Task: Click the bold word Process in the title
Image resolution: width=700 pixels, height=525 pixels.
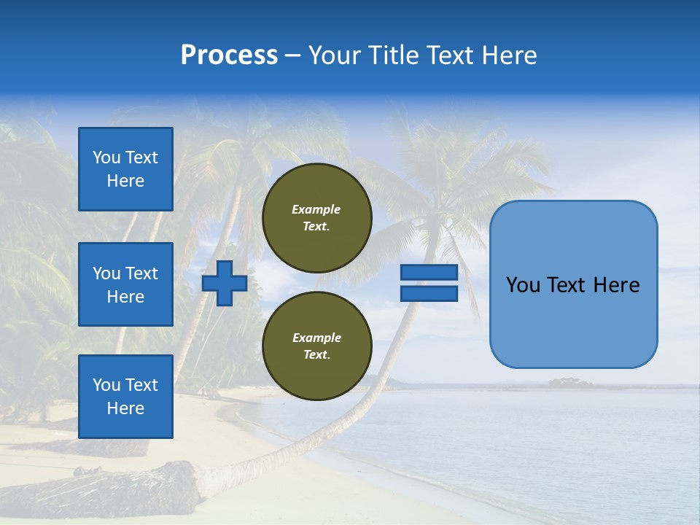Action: point(229,55)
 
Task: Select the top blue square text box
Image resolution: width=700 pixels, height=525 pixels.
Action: point(125,169)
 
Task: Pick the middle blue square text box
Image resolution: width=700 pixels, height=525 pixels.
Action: point(125,284)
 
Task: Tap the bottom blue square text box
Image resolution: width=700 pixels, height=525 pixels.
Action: point(125,396)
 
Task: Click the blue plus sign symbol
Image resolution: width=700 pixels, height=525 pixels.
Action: point(225,283)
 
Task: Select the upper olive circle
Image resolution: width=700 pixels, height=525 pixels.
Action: point(317,218)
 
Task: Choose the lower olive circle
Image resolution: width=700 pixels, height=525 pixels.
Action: point(317,346)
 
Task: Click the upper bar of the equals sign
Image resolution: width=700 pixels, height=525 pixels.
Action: point(429,273)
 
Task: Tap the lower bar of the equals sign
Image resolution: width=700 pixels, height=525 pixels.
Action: point(429,293)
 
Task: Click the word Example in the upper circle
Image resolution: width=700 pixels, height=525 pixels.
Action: point(316,209)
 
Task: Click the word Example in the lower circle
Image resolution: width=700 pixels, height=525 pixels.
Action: point(316,338)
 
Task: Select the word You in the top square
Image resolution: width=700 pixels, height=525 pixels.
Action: point(106,157)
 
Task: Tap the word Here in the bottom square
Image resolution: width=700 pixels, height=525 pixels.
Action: point(125,408)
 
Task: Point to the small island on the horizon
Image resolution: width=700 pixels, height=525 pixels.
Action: point(569,382)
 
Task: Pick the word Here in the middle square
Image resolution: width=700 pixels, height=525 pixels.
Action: point(125,297)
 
